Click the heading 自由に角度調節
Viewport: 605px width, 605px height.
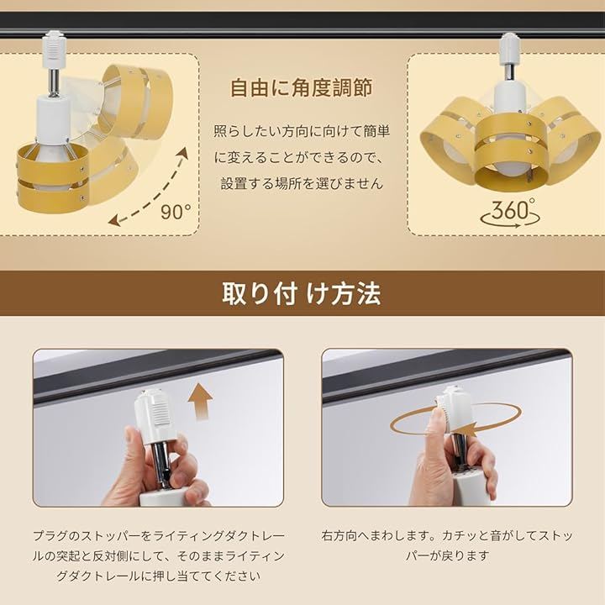click(x=302, y=87)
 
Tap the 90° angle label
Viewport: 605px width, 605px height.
click(x=176, y=212)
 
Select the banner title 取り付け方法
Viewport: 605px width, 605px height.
click(x=302, y=294)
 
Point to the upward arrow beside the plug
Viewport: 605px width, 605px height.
click(x=200, y=402)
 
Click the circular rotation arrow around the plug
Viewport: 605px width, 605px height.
click(x=455, y=424)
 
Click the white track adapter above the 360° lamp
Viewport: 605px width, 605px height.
click(x=510, y=47)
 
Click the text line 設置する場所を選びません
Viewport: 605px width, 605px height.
click(x=302, y=183)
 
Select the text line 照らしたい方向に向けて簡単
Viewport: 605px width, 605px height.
click(x=302, y=132)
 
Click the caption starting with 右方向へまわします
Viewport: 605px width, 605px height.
click(x=447, y=545)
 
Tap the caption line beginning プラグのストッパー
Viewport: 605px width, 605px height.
click(x=159, y=536)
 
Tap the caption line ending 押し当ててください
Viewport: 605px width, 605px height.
click(x=159, y=576)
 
